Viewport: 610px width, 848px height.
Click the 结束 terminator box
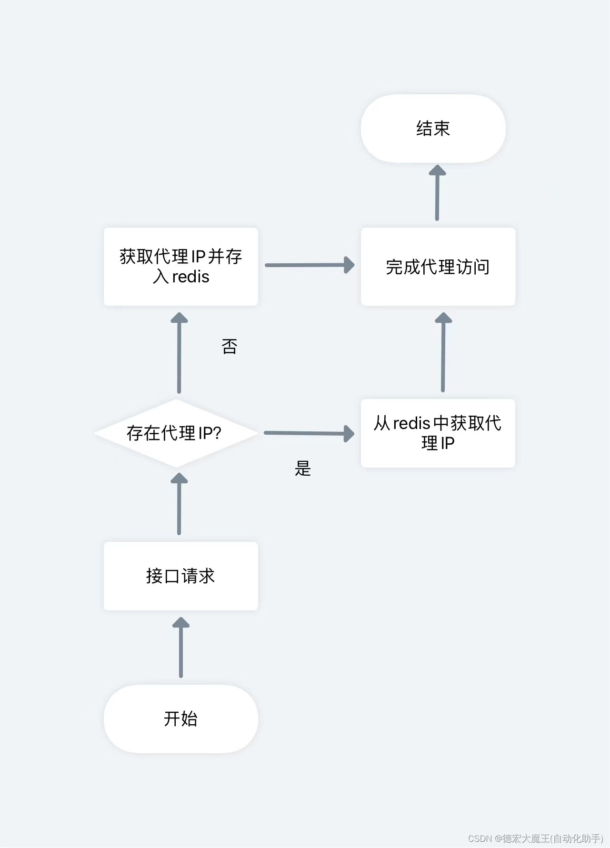point(433,129)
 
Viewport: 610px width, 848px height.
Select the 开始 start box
point(180,718)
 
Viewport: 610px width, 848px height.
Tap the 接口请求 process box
point(180,576)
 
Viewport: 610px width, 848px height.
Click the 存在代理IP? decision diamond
point(175,433)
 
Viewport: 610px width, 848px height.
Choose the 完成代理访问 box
point(438,267)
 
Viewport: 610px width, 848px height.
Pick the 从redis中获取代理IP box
point(438,433)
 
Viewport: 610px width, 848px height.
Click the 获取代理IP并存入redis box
point(180,267)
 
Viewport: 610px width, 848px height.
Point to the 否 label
point(230,347)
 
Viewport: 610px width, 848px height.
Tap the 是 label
point(303,469)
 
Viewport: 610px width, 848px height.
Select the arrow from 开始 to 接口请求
point(180,648)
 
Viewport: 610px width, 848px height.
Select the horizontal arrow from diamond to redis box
point(309,433)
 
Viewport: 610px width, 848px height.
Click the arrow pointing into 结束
point(437,193)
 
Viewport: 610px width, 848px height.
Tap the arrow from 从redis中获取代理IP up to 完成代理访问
point(443,352)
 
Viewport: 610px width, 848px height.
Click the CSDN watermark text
point(535,838)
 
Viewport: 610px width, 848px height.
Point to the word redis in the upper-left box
point(190,277)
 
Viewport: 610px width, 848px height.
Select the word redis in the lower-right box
point(411,423)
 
